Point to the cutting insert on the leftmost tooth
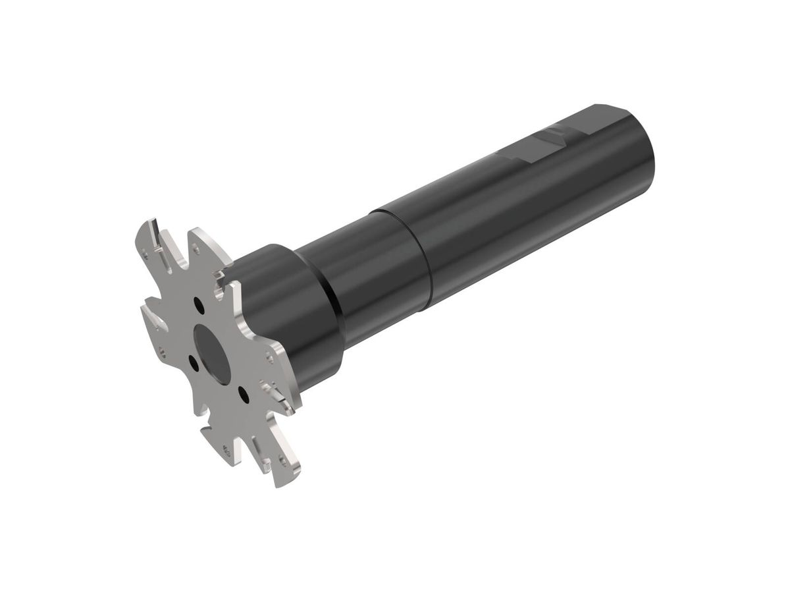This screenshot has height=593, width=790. tap(155, 322)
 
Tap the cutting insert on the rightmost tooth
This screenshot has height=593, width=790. tap(277, 395)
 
